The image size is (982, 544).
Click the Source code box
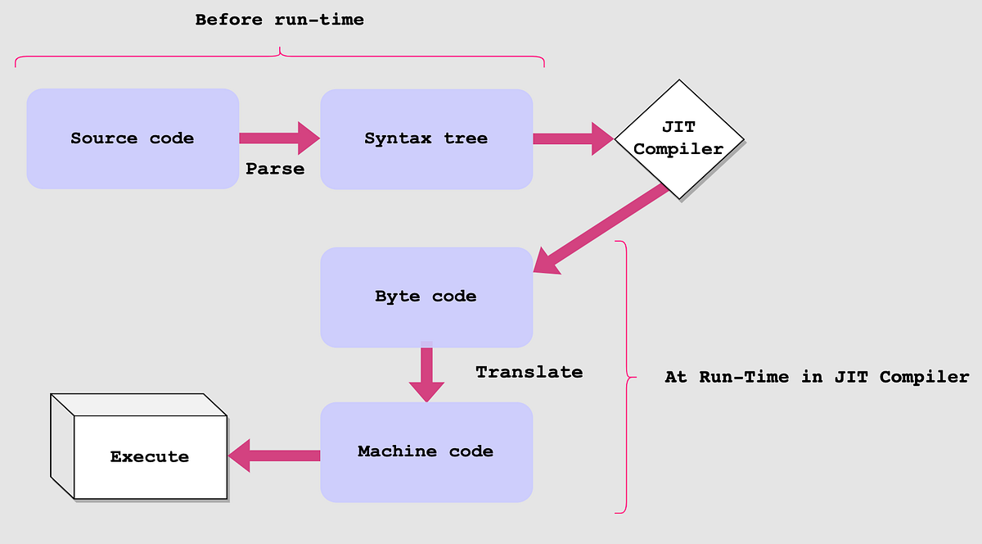point(133,138)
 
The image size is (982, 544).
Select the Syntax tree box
point(426,138)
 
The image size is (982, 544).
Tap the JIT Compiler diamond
point(678,138)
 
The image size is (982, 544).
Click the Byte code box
point(426,297)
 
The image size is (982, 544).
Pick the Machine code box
point(426,451)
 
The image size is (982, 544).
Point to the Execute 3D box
point(150,456)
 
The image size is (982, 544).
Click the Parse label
point(275,170)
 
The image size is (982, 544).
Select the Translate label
point(529,372)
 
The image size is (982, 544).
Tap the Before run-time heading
point(279,20)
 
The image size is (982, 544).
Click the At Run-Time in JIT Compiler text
point(817,377)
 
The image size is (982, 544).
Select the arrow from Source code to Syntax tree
point(279,138)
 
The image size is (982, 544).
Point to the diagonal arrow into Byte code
point(601,229)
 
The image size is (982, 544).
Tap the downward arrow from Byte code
point(426,372)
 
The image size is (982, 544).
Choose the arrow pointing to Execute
point(274,455)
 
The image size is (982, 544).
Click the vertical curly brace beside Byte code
point(626,378)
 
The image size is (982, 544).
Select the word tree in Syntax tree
point(466,138)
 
